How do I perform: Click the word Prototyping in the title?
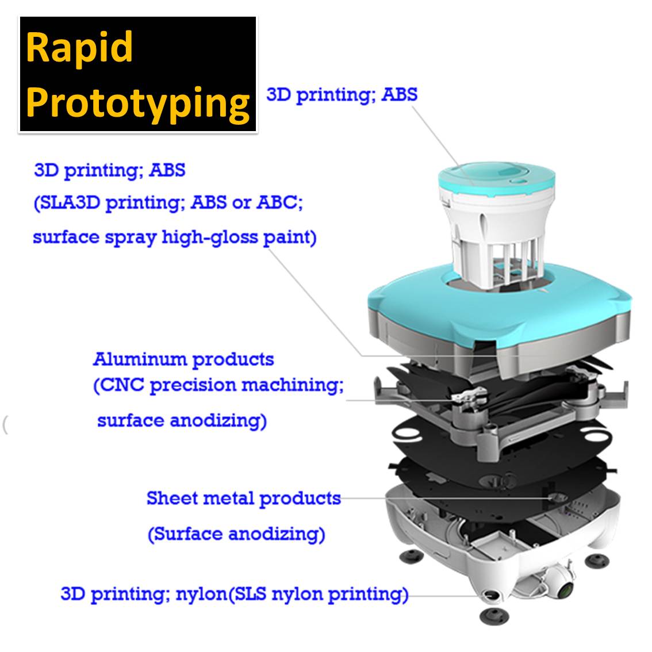coord(137,104)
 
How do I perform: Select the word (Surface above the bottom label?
coord(186,534)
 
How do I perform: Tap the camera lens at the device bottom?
coord(565,589)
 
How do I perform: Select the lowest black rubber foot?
coord(494,615)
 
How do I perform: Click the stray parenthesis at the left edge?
coord(5,424)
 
